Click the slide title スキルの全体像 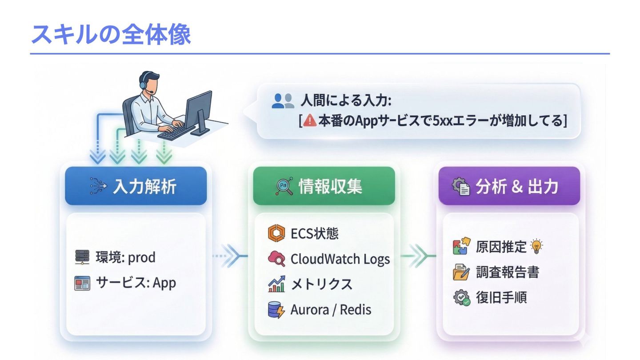(x=111, y=34)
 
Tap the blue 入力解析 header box (x=136, y=186)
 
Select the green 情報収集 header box (x=324, y=186)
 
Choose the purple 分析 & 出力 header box (x=509, y=186)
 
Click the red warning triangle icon (x=310, y=120)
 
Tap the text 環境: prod (x=125, y=257)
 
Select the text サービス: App (x=136, y=283)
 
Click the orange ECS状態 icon (x=276, y=233)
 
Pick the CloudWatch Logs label (x=340, y=259)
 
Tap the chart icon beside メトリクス (x=276, y=284)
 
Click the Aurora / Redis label (x=331, y=309)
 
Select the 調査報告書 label (x=507, y=272)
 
